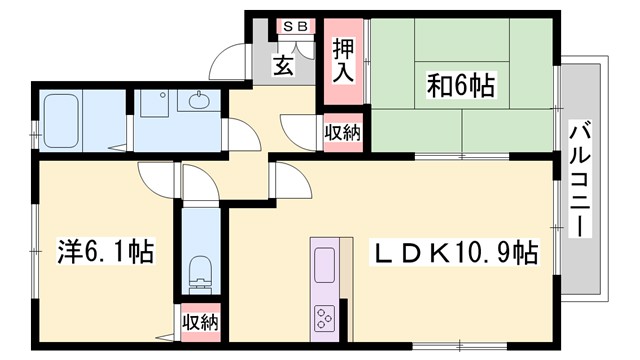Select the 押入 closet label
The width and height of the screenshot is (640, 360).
click(x=342, y=60)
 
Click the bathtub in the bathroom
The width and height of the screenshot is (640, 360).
click(x=64, y=121)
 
